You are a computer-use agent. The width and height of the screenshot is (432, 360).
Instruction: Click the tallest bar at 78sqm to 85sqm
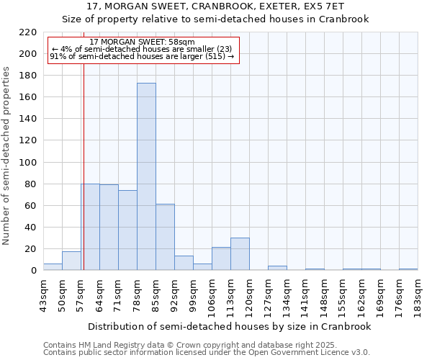click(146, 176)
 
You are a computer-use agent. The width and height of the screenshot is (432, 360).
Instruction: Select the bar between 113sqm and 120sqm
click(240, 254)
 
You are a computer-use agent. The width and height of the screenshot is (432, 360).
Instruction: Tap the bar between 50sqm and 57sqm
click(71, 261)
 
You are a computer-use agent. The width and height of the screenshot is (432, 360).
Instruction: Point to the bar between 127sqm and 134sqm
click(277, 268)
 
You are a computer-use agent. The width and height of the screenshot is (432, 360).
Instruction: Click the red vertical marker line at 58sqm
click(84, 166)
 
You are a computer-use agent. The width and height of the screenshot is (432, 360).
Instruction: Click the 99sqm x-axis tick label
click(193, 294)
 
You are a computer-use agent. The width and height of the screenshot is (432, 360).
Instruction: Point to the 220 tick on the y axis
click(28, 32)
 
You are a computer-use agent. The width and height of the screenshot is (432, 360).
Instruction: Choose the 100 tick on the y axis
click(28, 163)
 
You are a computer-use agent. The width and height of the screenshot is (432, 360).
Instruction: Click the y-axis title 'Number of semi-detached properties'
click(7, 156)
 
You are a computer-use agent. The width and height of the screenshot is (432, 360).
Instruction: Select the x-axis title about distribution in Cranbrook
click(230, 326)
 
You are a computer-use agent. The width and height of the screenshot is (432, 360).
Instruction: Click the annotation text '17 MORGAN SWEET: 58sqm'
click(142, 42)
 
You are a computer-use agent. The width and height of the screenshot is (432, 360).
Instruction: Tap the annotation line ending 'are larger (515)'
click(142, 57)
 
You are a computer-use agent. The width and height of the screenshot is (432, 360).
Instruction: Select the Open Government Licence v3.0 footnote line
click(207, 352)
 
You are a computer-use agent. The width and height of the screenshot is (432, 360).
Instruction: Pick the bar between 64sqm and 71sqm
click(109, 227)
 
